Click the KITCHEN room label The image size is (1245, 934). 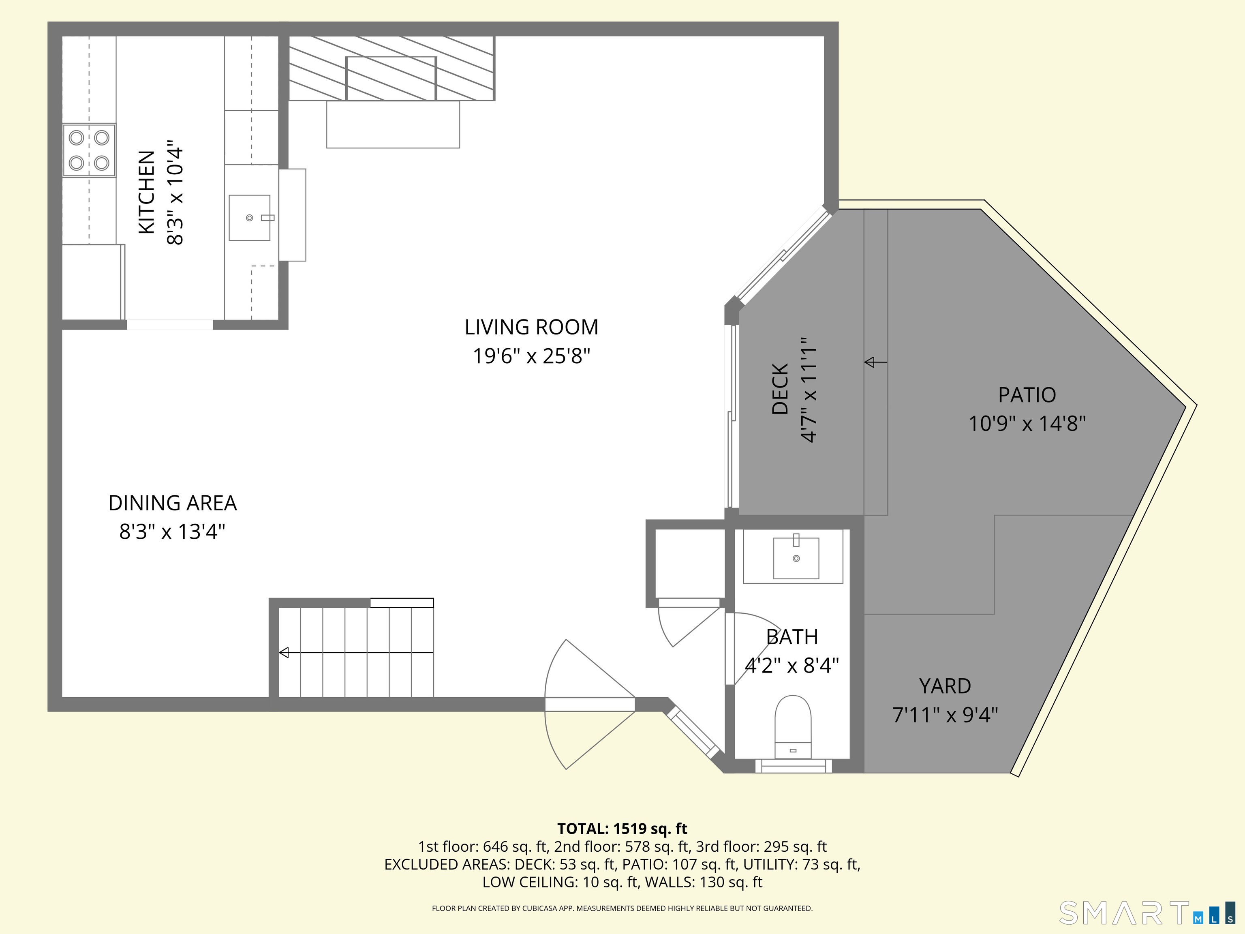[146, 192]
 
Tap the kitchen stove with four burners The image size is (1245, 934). [89, 150]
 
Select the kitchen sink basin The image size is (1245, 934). [249, 218]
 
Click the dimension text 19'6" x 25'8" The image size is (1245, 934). [531, 356]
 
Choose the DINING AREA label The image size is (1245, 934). [172, 503]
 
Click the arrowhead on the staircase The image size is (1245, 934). [284, 653]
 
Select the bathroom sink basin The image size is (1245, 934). [796, 558]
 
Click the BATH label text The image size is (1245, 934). [792, 637]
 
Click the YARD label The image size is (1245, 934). [945, 686]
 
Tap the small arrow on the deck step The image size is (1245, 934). [870, 362]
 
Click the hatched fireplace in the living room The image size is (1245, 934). [392, 69]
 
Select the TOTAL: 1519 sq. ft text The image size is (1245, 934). [622, 829]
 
